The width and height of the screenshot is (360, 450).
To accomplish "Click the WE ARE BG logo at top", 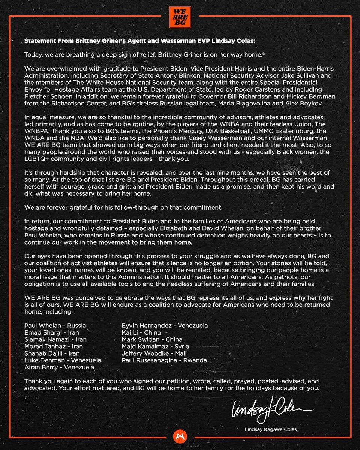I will coord(180,16).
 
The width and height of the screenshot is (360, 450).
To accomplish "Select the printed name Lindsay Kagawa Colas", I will coord(267,429).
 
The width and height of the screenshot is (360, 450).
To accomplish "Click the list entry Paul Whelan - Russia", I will coord(55,325).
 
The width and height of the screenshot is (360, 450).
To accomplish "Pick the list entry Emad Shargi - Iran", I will coord(52,333).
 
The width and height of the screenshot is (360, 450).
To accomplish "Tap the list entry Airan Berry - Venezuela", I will coord(59,367).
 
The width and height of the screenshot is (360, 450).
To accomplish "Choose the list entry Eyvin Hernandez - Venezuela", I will coord(165,325).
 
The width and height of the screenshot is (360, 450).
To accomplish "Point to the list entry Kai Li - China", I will coord(141,333).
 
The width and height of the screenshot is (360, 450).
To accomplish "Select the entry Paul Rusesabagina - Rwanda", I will coord(164,360).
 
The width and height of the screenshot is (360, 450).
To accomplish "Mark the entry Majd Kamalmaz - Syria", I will coord(155,346).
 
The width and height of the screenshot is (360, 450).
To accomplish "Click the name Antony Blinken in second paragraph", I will coord(142,75).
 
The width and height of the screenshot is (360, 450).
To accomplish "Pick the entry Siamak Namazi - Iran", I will coord(55,339).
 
